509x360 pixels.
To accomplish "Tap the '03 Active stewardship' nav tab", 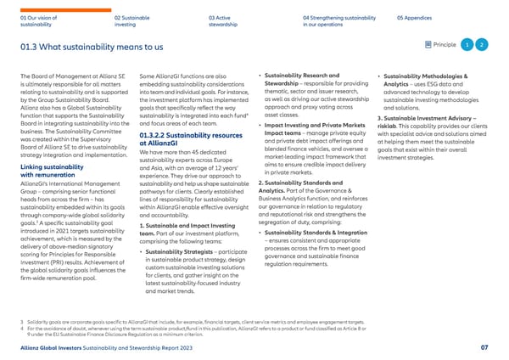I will (224, 20).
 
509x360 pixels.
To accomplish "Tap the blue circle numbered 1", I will (467, 43).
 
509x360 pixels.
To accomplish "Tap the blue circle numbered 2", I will (482, 43).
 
